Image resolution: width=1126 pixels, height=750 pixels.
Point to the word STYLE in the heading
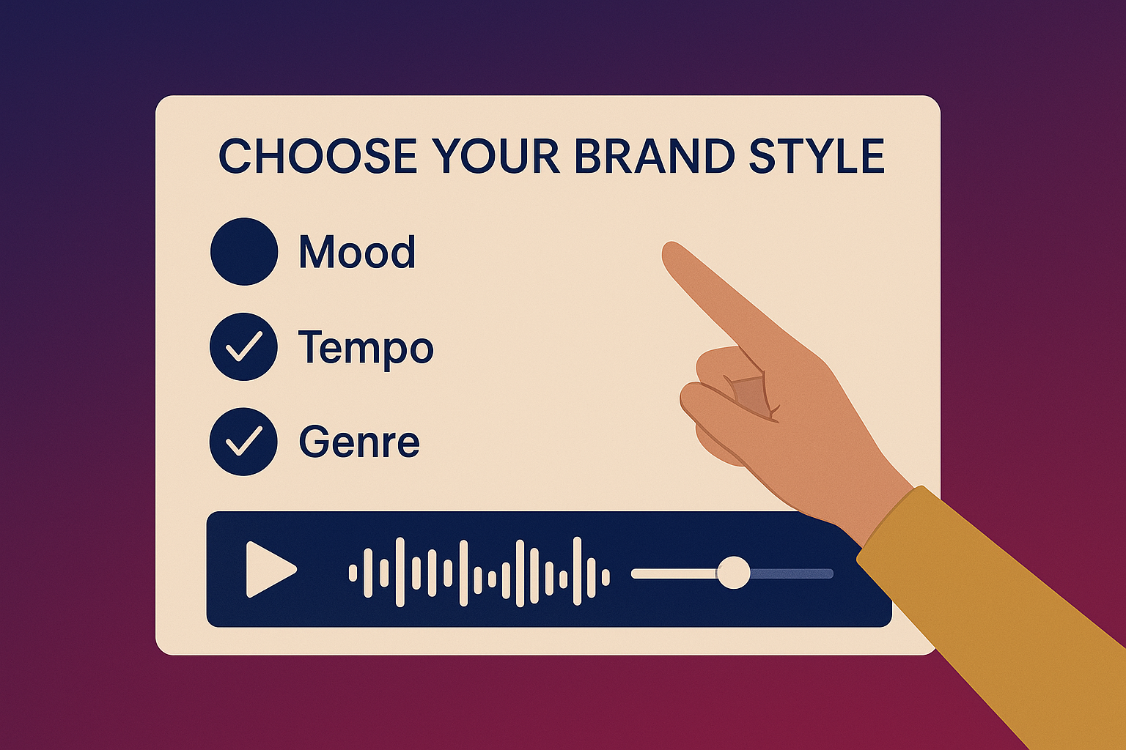coord(816,156)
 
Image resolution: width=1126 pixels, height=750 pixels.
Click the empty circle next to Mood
coord(244,251)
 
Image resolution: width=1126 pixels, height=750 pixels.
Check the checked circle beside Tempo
coord(244,346)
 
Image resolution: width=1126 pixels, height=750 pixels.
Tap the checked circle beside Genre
coord(244,442)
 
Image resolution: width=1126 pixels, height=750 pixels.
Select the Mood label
coord(357,252)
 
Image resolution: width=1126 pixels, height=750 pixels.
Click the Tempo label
coord(365,347)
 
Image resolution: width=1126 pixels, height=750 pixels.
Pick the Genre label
coord(359,442)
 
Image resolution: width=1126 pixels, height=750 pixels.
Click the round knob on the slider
coord(733,573)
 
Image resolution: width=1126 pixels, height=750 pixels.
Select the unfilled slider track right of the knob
coord(792,573)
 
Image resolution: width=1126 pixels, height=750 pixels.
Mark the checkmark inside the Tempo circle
coord(244,346)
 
